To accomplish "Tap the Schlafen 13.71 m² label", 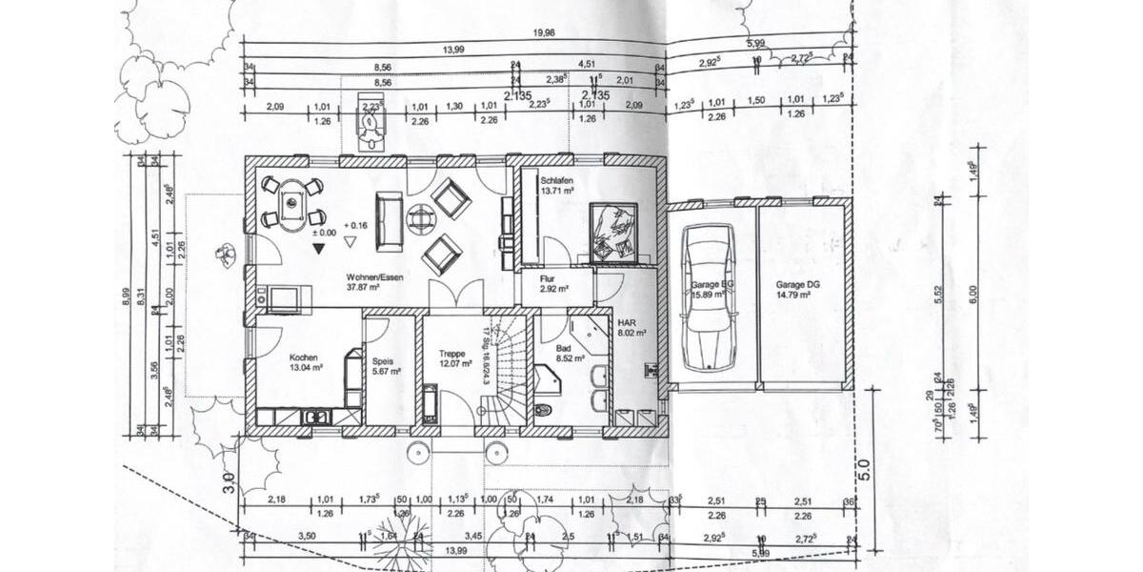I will coord(556,186).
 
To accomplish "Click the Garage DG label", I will coord(792,290).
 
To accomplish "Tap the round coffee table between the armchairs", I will coord(420,219).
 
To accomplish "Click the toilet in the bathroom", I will coord(544,411).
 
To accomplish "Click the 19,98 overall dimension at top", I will coord(544,32).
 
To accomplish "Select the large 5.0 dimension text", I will coord(865,469).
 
